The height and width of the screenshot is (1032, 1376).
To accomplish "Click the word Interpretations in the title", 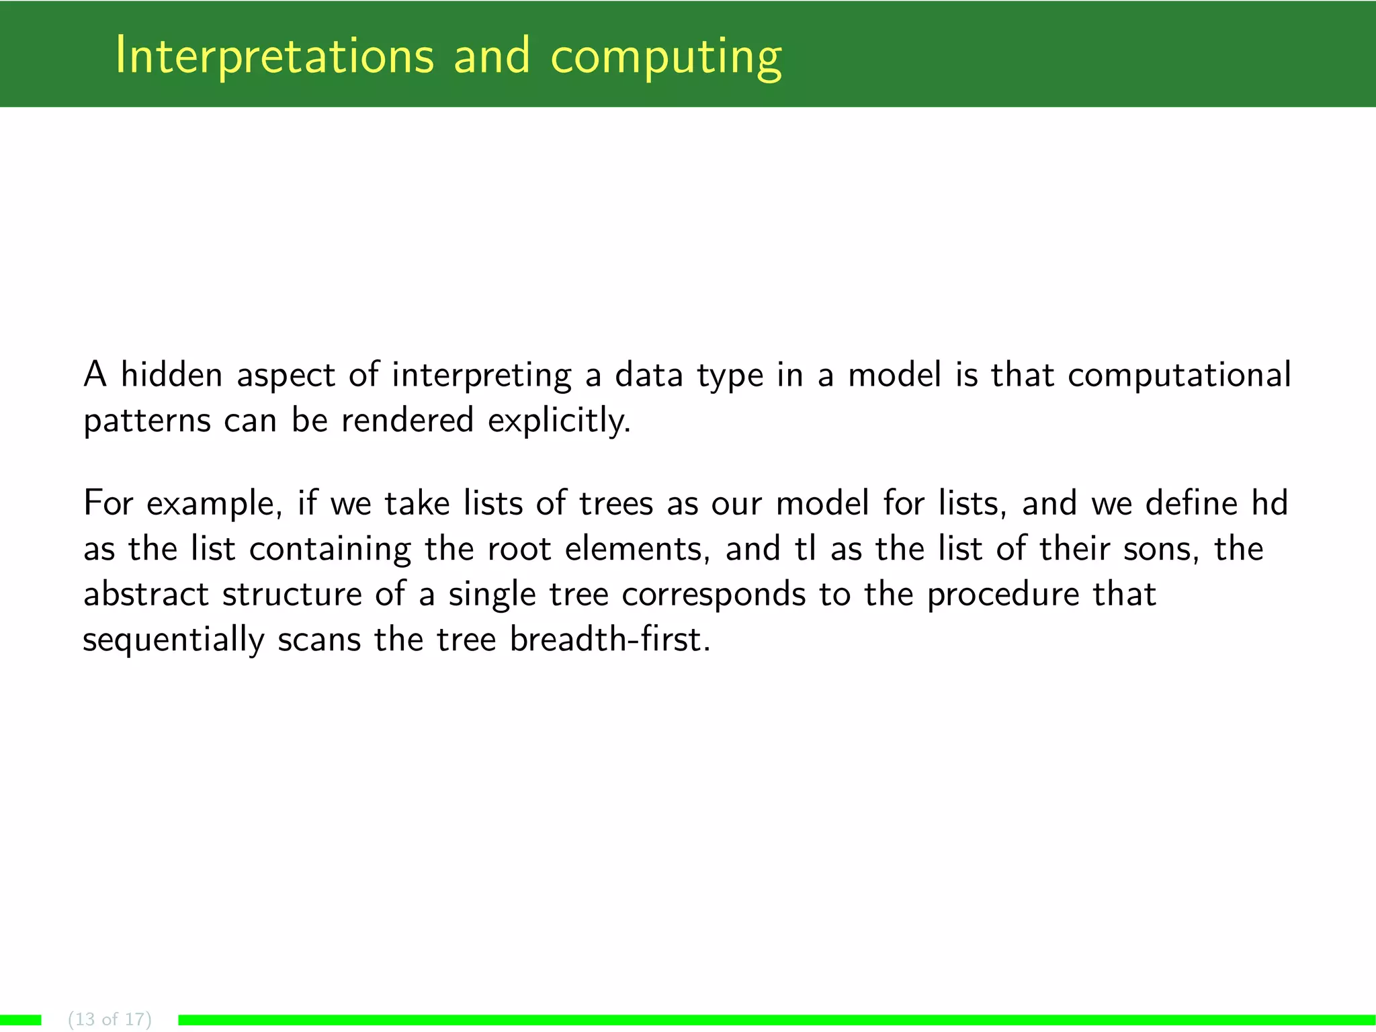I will point(274,55).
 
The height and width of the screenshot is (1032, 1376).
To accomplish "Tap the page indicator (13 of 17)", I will point(110,1019).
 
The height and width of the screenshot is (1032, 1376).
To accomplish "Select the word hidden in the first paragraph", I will point(171,374).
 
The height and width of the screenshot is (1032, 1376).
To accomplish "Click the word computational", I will point(1179,376).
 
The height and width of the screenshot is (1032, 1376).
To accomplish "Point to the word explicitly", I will point(559,421).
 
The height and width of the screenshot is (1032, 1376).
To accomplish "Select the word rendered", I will point(407,420).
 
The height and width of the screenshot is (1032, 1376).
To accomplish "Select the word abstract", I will point(146,594).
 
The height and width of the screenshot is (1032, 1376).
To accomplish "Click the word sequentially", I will point(173,640).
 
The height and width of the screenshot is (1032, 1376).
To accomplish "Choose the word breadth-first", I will point(609,638).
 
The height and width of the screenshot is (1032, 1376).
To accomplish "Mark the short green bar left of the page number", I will point(20,1020).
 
